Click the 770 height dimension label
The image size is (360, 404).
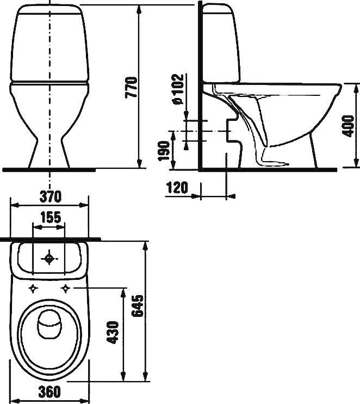131,87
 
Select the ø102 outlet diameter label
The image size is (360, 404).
178,89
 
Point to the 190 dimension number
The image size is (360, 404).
164,151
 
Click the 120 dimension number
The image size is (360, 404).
177,187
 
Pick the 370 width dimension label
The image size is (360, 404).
51,197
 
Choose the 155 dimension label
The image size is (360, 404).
51,217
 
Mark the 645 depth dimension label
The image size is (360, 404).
137,306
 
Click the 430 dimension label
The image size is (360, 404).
113,332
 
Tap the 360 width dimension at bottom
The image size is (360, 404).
49,392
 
